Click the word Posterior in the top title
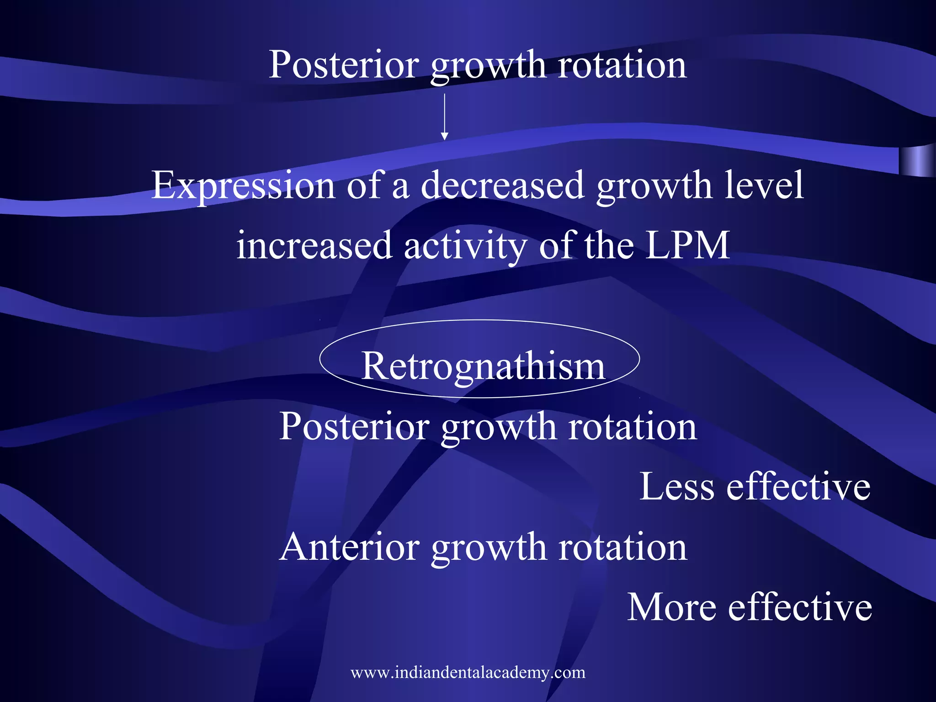pyautogui.click(x=343, y=65)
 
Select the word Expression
pyautogui.click(x=243, y=186)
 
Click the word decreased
pyautogui.click(x=502, y=186)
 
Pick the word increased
pyautogui.click(x=314, y=246)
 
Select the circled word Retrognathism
pyautogui.click(x=483, y=366)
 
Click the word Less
pyautogui.click(x=676, y=487)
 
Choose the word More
pyautogui.click(x=671, y=607)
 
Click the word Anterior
pyautogui.click(x=350, y=547)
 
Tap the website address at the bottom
pyautogui.click(x=468, y=673)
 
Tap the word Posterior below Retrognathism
pyautogui.click(x=354, y=426)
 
